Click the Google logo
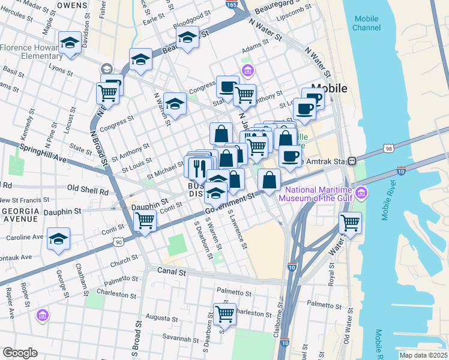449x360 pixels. (x=19, y=353)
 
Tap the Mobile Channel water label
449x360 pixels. (x=366, y=23)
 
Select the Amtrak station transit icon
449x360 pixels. (x=354, y=161)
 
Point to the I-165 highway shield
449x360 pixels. (x=232, y=4)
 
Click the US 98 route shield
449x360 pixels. (x=389, y=148)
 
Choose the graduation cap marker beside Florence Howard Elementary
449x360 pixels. (x=70, y=43)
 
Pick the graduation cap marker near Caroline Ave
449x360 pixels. (x=58, y=239)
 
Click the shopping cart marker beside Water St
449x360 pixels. (x=350, y=223)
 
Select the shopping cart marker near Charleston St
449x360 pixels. (x=224, y=313)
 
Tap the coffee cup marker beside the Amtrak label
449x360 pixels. (x=291, y=156)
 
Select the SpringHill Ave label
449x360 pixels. (x=43, y=154)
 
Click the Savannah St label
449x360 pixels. (x=168, y=338)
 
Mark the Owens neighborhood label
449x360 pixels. (x=72, y=4)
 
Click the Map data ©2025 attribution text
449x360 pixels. (x=423, y=355)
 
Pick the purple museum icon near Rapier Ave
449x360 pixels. (x=42, y=314)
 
